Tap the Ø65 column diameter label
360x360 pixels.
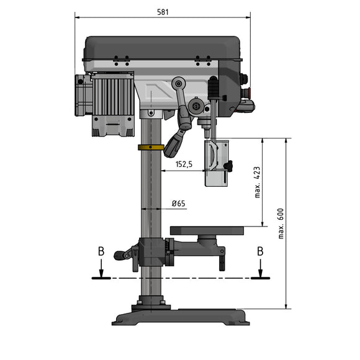click(x=178, y=204)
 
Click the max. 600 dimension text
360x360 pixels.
click(x=280, y=223)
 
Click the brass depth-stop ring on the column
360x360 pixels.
click(x=151, y=147)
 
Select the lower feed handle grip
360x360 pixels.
click(x=174, y=145)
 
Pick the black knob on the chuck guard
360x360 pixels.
click(x=229, y=166)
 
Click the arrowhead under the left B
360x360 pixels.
click(x=101, y=274)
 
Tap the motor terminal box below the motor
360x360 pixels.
click(x=113, y=127)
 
